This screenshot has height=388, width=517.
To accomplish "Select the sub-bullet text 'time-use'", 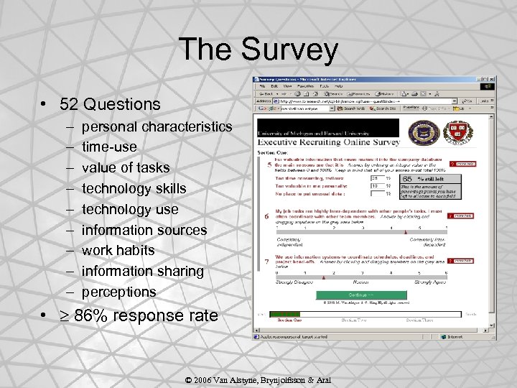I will [x=109, y=147].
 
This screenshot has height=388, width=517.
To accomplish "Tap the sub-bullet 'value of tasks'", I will [x=126, y=167].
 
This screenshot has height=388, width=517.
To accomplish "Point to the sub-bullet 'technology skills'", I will [x=134, y=188].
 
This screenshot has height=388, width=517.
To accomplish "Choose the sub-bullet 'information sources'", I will [x=144, y=230].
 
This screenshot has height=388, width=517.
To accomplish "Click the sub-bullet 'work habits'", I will [x=118, y=251].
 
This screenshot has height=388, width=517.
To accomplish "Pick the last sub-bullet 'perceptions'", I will [x=118, y=292].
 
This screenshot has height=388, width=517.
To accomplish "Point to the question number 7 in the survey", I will [x=268, y=261].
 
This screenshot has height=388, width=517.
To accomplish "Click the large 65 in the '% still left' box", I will [x=407, y=179].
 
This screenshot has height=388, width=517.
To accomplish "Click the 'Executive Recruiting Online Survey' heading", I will [x=329, y=142].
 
